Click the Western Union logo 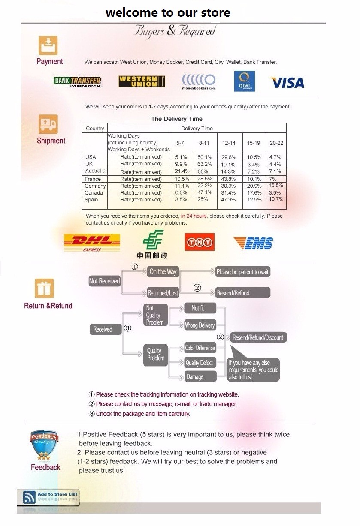(x=142, y=81)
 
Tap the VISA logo (x=287, y=82)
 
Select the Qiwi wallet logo (x=245, y=81)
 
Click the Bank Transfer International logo (x=78, y=82)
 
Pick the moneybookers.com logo (x=199, y=81)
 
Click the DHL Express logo (x=91, y=243)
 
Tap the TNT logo (x=200, y=242)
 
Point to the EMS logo (x=254, y=243)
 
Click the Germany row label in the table (x=95, y=186)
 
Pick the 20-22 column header (x=276, y=143)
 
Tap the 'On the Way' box (x=163, y=271)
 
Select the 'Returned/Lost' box (x=163, y=293)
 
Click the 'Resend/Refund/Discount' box (x=258, y=337)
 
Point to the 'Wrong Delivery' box (x=200, y=325)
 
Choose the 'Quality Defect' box (x=199, y=363)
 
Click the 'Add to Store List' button (x=48, y=497)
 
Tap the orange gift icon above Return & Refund (x=45, y=288)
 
